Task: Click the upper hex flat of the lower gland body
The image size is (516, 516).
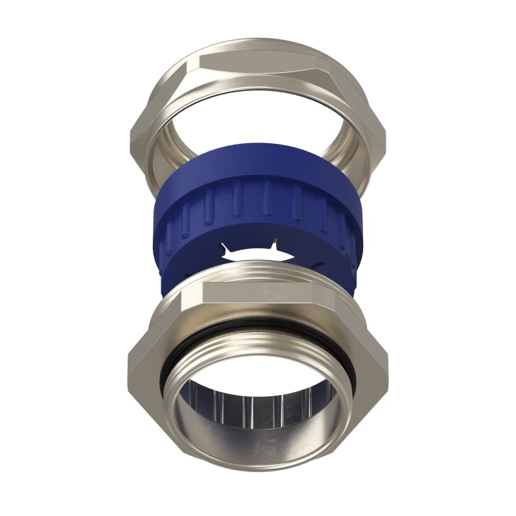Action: [258, 293]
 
